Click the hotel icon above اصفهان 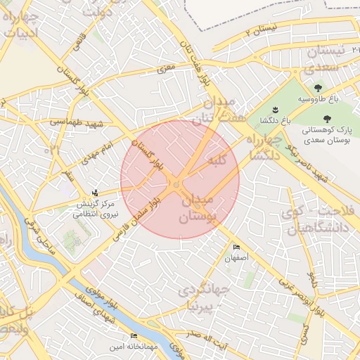point(236,247)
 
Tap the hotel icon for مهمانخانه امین point(134,336)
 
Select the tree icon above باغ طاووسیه point(319,88)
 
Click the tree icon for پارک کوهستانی point(326,119)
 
